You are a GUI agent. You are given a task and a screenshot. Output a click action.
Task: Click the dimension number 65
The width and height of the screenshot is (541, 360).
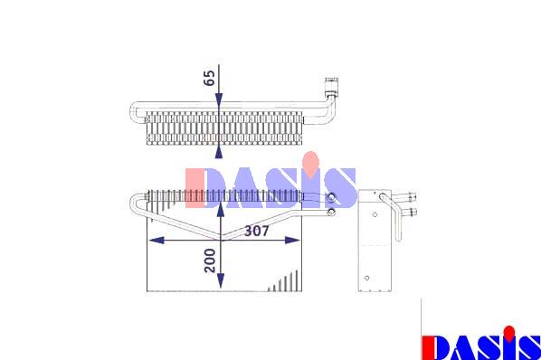tap(209, 78)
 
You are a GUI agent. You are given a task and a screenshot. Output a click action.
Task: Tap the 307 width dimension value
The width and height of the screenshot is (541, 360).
tap(256, 231)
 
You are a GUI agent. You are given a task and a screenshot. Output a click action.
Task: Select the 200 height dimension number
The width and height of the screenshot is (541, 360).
tap(210, 261)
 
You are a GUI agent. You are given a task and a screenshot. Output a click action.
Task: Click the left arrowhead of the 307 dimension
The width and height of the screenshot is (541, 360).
tap(156, 241)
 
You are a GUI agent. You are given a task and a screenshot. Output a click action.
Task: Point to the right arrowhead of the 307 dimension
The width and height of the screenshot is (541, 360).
tap(292, 241)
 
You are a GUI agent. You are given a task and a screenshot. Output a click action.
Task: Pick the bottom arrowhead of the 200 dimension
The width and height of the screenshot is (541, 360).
tap(221, 281)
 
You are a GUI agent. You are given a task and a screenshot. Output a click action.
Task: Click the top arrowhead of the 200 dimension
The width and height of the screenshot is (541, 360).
tap(221, 210)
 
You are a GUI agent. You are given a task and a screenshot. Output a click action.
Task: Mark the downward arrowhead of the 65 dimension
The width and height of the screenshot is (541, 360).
tap(219, 101)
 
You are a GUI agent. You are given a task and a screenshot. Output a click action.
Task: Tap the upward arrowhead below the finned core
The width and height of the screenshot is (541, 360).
tap(219, 152)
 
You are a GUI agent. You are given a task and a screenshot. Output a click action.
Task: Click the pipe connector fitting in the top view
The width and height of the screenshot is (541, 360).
tap(332, 86)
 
